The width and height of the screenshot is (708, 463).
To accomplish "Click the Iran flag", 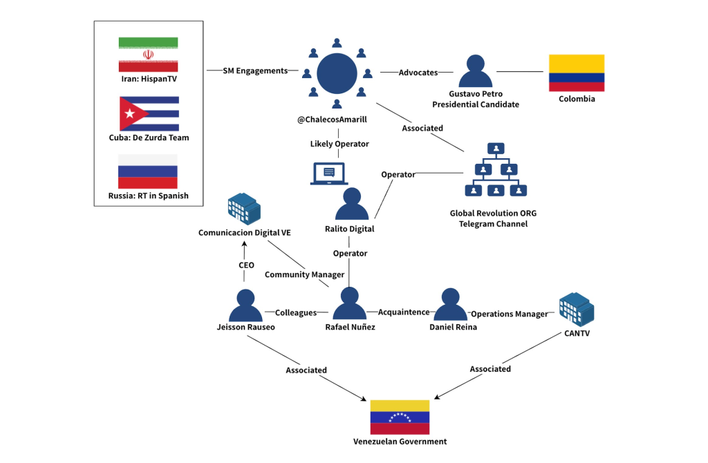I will [148, 55].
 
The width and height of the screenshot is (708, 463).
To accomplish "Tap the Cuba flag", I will [149, 113].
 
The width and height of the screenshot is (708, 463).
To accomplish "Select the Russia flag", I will [148, 171].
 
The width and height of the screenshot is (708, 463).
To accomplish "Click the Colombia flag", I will [576, 73].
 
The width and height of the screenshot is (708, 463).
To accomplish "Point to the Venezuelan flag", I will [400, 417].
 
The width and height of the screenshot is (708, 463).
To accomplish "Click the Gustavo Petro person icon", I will [475, 72].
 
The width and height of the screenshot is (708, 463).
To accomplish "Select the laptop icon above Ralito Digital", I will [329, 173].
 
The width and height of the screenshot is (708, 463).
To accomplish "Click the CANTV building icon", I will [577, 309].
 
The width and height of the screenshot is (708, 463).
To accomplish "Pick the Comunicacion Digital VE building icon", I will [244, 208].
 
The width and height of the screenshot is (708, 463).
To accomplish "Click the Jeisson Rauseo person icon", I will [245, 305].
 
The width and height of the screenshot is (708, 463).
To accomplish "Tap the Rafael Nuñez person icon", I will [349, 305].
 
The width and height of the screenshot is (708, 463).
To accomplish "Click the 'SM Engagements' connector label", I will [255, 70].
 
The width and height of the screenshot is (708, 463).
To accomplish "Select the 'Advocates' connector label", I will [418, 72].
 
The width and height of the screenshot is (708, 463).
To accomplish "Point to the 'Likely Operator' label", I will [339, 144].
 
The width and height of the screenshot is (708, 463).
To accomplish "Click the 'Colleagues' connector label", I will [296, 312].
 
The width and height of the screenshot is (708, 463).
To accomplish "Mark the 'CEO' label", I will [246, 265].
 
